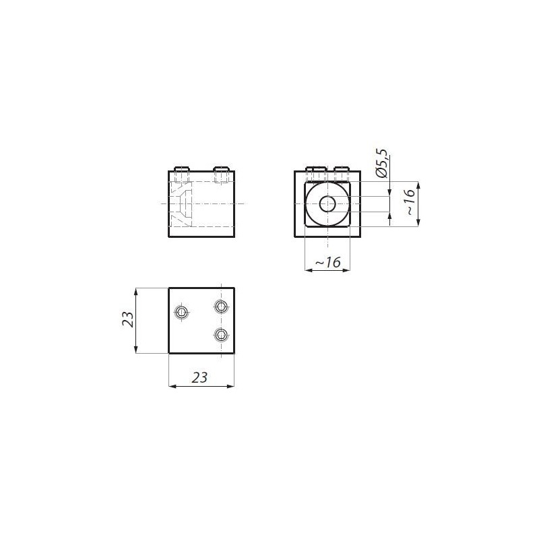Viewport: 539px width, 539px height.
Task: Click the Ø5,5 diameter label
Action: coord(381,163)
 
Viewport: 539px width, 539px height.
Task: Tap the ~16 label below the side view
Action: coord(327,262)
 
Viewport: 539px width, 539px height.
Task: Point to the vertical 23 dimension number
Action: coord(127,319)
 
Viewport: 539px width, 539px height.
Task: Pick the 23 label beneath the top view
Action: coord(199,377)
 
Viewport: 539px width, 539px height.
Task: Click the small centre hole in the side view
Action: coord(327,204)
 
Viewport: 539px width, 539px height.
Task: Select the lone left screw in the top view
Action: coord(181,313)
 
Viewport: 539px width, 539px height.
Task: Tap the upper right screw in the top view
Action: coord(221,306)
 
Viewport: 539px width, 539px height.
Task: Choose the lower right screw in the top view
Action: coord(221,334)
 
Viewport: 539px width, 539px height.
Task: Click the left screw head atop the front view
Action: coord(182,169)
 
